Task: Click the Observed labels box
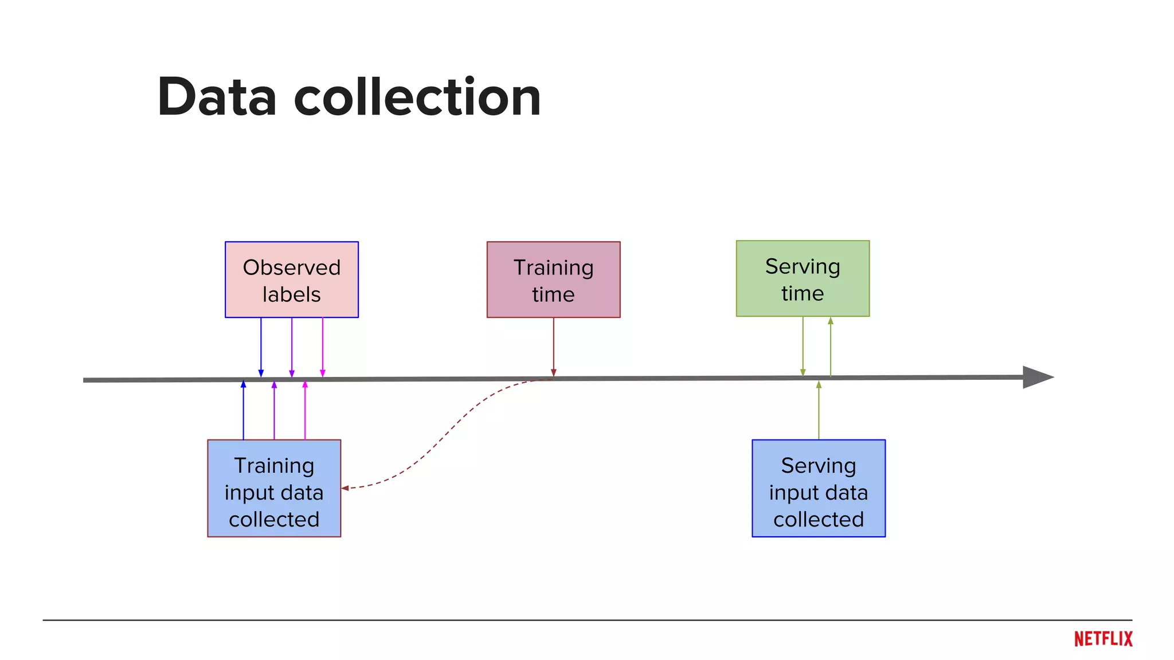[291, 280]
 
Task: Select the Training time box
[553, 280]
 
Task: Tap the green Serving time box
[803, 278]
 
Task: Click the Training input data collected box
[274, 488]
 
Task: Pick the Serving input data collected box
[818, 488]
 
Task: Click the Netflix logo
[1103, 639]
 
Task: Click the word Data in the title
[217, 97]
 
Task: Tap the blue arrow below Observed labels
[261, 347]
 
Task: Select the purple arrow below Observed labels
[292, 347]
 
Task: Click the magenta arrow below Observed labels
[323, 347]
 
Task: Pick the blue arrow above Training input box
[243, 410]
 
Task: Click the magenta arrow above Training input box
[305, 410]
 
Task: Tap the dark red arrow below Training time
[553, 347]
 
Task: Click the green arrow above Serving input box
[819, 410]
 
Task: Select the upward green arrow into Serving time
[831, 347]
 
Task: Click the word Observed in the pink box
[291, 268]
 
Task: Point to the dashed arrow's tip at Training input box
[345, 488]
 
